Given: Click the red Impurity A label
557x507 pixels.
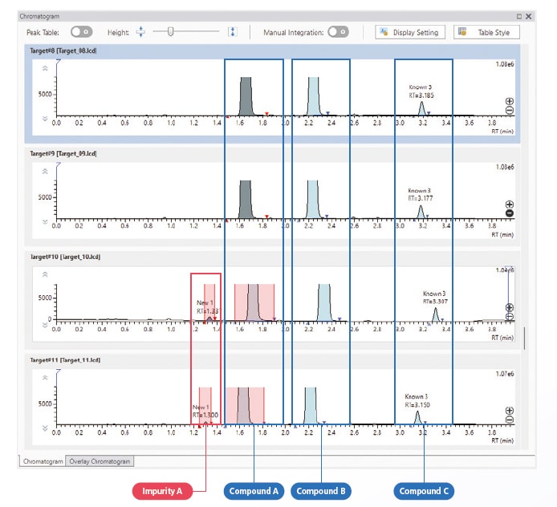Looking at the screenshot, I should tap(161, 491).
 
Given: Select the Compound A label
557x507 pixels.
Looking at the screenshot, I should tap(254, 491).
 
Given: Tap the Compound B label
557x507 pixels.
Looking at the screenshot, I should tap(321, 491).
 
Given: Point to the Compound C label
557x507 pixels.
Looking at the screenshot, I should tap(424, 491).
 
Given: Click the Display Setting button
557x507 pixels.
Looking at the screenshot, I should tap(409, 32).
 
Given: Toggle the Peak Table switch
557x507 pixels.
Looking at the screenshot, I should tap(81, 32).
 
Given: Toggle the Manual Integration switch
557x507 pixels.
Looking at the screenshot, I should tap(338, 32).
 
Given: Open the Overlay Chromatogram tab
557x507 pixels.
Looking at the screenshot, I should tap(101, 461).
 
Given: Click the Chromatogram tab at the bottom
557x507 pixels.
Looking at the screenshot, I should tap(43, 461).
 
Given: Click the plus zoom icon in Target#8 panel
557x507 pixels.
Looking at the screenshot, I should tap(509, 101).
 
